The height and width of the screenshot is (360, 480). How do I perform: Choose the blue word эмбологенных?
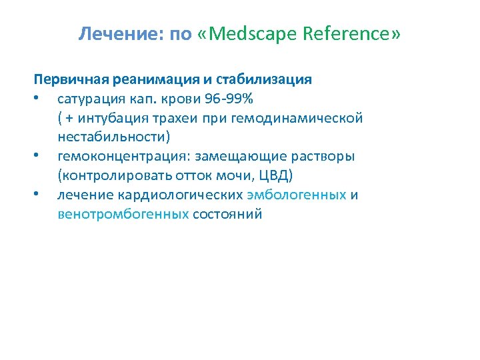(297, 195)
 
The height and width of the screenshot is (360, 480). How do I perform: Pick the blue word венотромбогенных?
(123, 215)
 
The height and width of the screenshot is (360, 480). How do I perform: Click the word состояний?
(227, 215)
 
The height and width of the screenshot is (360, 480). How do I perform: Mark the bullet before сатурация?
(42, 99)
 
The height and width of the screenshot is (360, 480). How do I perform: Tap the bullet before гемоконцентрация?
(42, 157)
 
